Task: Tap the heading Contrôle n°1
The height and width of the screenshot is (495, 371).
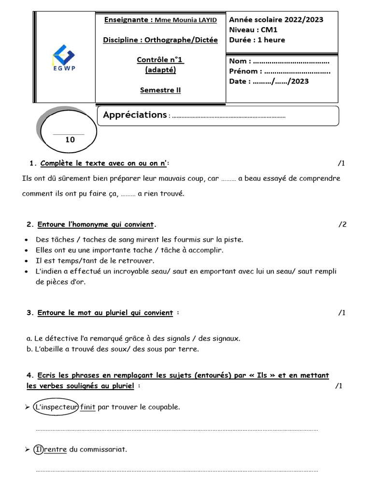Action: [x=160, y=60]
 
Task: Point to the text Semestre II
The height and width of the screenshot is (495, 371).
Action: [x=160, y=90]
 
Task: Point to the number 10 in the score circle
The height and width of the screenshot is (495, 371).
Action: [x=70, y=140]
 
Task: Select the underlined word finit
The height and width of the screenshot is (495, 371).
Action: [x=88, y=408]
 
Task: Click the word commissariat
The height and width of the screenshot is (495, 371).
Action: [x=103, y=450]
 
